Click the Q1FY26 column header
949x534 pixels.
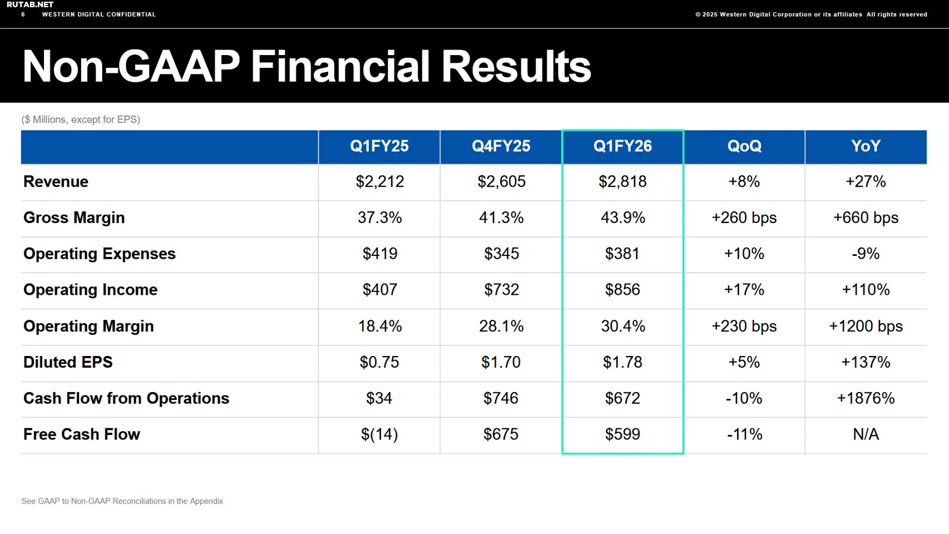click(622, 146)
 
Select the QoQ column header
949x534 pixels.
click(744, 146)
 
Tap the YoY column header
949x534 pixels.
click(866, 146)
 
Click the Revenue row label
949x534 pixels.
click(56, 182)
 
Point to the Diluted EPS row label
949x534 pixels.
click(68, 362)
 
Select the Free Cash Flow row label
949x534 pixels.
click(82, 434)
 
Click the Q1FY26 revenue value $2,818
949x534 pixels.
click(622, 182)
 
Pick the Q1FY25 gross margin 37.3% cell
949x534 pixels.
click(379, 217)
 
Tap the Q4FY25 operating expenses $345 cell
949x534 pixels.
click(501, 254)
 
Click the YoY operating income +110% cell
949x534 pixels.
click(866, 290)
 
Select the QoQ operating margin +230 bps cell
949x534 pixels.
click(744, 326)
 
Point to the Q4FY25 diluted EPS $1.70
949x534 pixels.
click(501, 362)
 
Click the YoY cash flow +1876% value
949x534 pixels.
click(866, 398)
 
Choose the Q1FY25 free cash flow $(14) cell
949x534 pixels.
click(379, 434)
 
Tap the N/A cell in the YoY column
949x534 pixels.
click(866, 434)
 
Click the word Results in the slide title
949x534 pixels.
click(516, 67)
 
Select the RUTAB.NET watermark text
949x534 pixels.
click(30, 4)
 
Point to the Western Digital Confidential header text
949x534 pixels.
click(99, 14)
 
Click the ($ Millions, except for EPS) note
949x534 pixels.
click(81, 120)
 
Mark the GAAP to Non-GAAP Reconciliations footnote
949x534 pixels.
click(122, 501)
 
